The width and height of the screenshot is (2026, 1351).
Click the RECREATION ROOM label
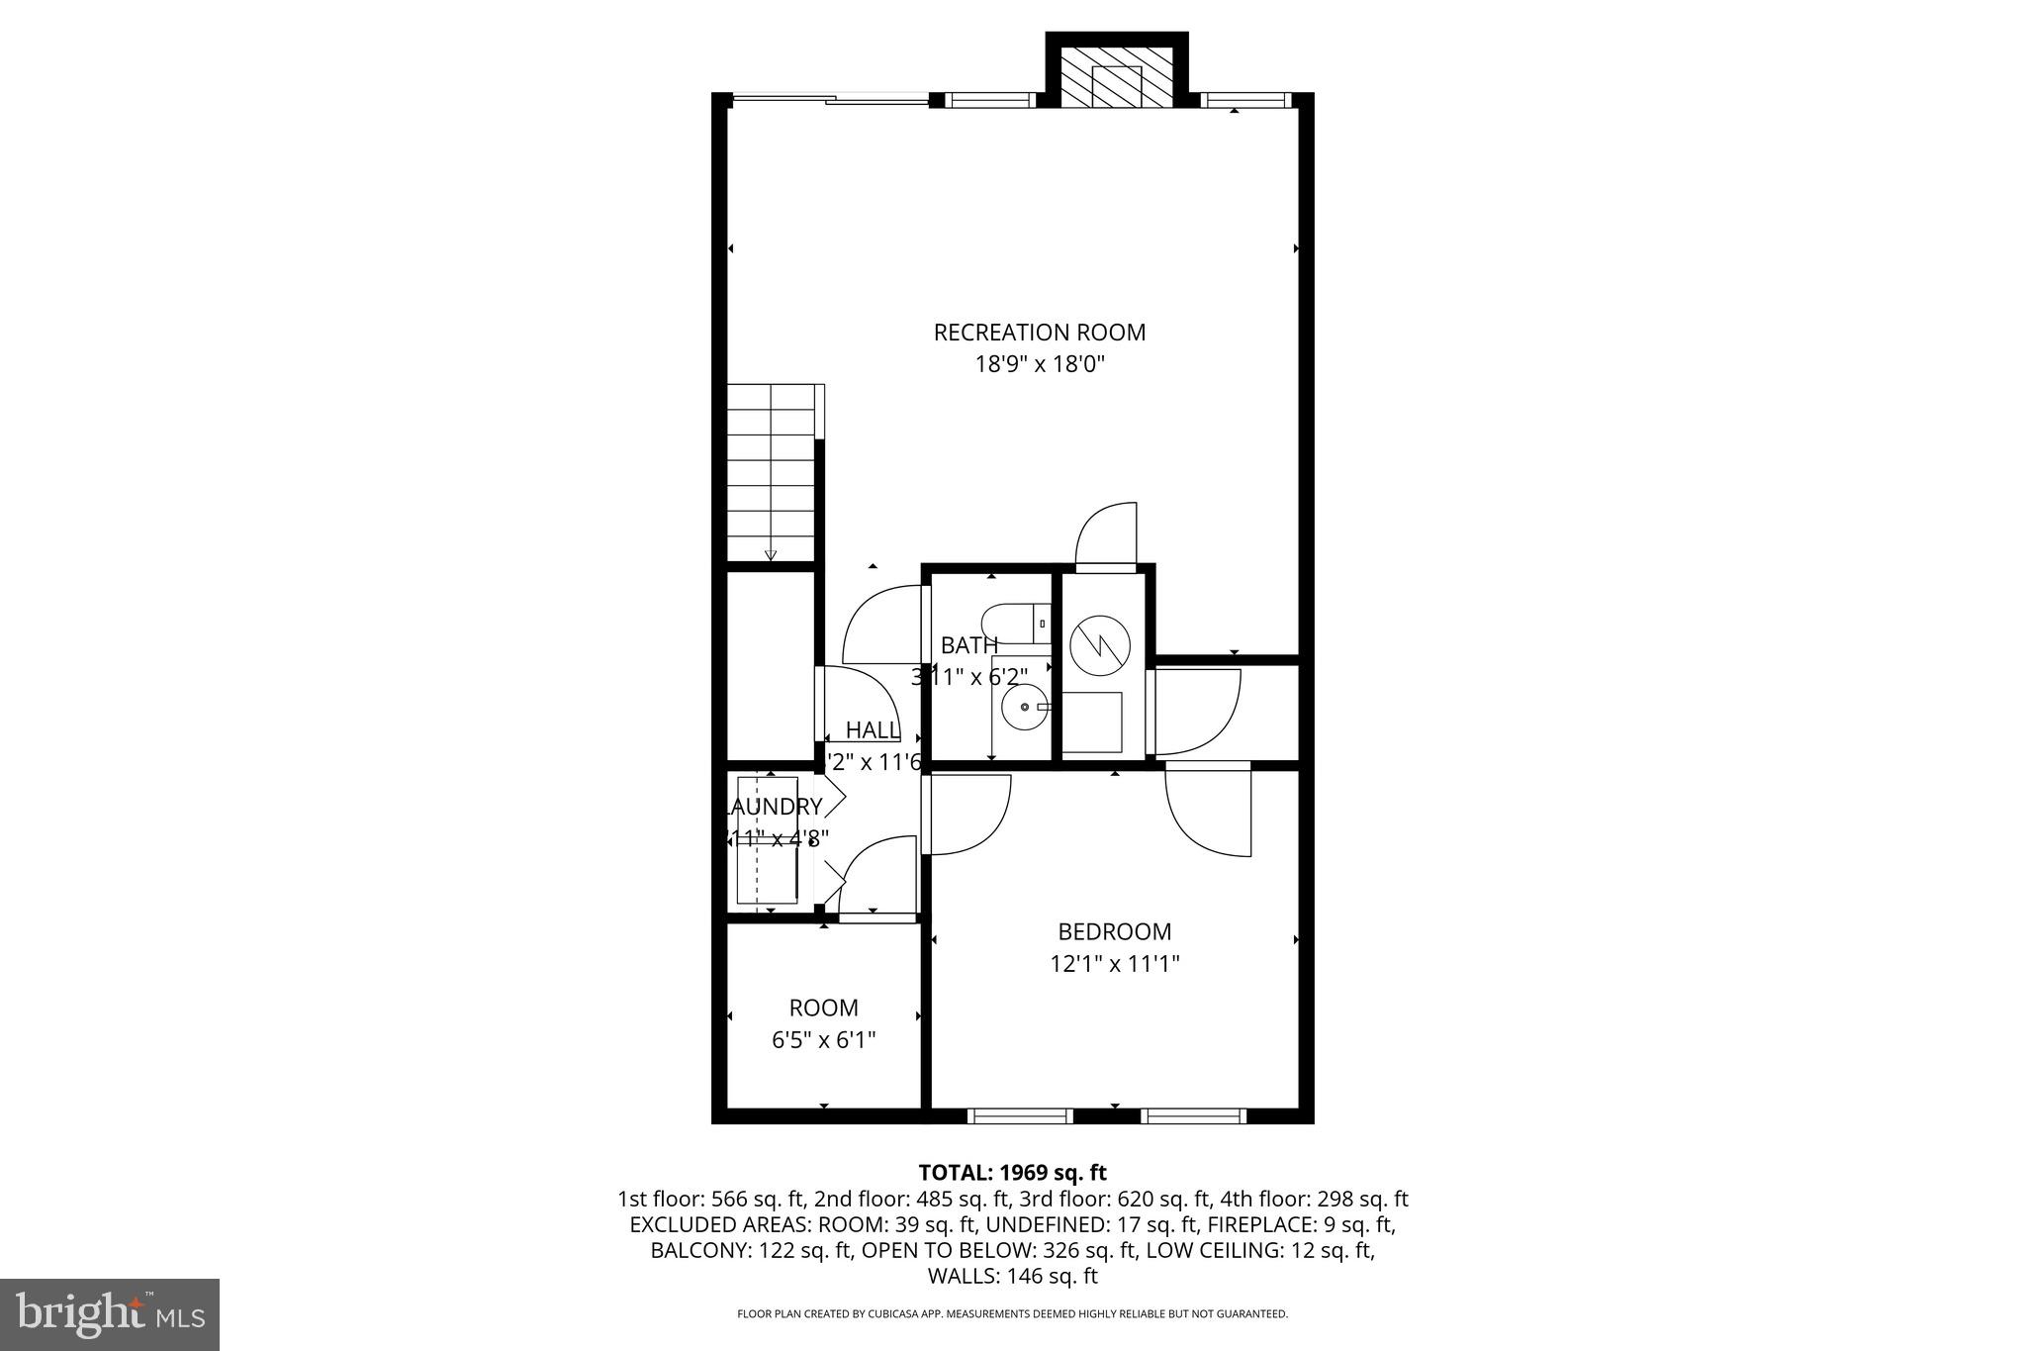[1039, 333]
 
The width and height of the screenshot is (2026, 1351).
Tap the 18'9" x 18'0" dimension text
[1039, 364]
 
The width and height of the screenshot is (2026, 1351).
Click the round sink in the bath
[1022, 707]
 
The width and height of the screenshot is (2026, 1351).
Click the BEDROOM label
[1114, 931]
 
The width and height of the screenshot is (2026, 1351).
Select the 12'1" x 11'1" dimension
[1114, 963]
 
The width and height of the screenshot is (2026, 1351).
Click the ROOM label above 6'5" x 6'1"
[823, 1008]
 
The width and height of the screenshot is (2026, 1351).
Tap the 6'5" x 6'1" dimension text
[823, 1040]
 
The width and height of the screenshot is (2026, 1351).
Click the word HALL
[873, 730]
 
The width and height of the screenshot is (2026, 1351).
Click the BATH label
[968, 645]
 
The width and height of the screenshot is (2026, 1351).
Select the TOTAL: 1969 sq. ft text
[1012, 1173]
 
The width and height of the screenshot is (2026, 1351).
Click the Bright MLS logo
[110, 1314]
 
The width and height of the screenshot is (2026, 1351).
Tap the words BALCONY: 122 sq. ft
[751, 1250]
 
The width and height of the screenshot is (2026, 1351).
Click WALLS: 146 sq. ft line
[1012, 1276]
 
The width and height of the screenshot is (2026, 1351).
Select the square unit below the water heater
[1092, 723]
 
